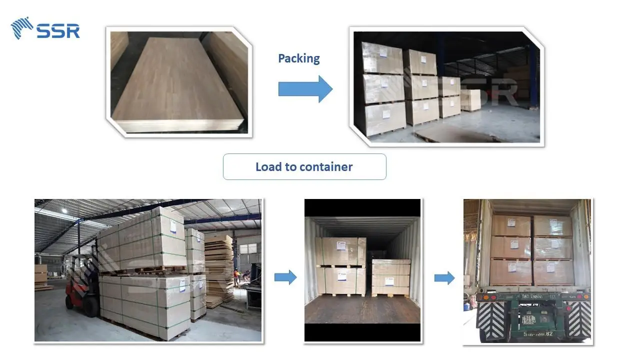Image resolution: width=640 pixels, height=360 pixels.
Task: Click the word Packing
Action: click(x=298, y=58)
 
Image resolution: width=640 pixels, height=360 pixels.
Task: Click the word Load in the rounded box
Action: click(x=269, y=167)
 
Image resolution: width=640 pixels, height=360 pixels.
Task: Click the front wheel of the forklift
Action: click(x=90, y=305)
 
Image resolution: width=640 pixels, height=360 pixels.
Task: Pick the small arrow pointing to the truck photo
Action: click(x=444, y=278)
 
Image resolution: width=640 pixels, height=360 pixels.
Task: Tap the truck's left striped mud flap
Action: click(x=487, y=320)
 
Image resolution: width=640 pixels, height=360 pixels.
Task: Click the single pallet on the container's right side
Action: click(x=390, y=277)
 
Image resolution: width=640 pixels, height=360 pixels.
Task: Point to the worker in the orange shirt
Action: click(x=245, y=274)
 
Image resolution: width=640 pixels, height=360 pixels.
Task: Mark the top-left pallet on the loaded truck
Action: click(x=511, y=226)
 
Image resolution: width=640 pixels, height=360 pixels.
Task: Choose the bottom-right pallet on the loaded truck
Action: click(x=553, y=272)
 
